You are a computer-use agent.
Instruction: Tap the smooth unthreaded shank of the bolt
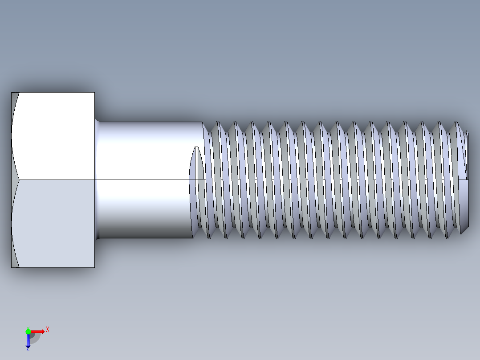(147, 151)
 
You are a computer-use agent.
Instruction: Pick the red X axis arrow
(38, 331)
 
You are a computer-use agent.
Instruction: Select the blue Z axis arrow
(28, 340)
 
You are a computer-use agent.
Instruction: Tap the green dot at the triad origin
(28, 331)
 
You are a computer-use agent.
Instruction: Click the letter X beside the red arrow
(47, 329)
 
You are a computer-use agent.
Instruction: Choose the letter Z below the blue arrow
(28, 349)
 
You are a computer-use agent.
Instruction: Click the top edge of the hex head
(53, 93)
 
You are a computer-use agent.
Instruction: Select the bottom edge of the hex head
(53, 267)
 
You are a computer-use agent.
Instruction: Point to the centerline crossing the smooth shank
(147, 180)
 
